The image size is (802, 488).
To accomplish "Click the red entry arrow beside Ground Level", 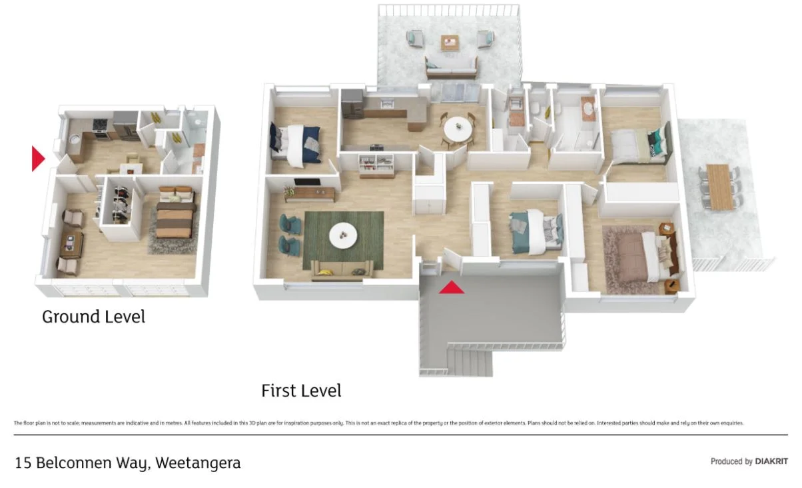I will click(x=37, y=159).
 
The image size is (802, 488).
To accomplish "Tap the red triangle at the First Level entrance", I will click(x=451, y=287).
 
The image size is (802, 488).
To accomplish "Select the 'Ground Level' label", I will click(x=93, y=317).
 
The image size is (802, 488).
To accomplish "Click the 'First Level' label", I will click(x=301, y=391).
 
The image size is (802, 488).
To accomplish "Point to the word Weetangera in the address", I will click(x=198, y=463).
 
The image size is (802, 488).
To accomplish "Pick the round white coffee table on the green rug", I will click(x=344, y=234).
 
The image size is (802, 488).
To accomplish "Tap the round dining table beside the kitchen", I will click(x=456, y=128).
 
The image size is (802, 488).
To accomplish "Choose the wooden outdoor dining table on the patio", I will click(x=718, y=187).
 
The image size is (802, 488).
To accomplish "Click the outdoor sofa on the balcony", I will click(x=451, y=65).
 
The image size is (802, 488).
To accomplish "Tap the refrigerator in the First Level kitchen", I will click(x=352, y=104).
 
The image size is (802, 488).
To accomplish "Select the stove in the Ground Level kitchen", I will click(x=100, y=127).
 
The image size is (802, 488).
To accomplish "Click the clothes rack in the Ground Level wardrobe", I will click(x=120, y=203).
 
